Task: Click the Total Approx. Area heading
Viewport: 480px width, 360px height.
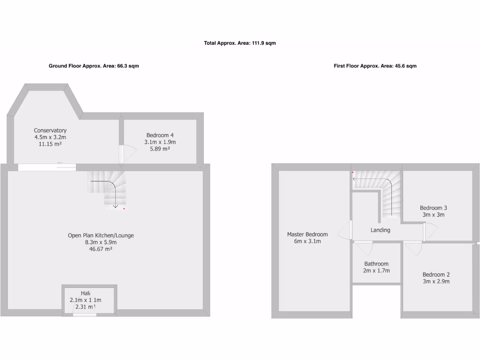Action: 240,43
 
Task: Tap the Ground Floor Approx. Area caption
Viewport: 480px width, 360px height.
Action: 94,66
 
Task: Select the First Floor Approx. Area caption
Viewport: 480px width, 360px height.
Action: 375,66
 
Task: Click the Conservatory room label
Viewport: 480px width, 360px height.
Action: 50,130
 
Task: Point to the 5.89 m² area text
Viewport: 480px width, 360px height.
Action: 159,149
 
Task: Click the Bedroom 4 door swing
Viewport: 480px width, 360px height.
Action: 128,154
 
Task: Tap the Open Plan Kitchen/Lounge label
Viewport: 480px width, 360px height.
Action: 101,235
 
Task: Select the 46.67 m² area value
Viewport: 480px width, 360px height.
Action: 101,249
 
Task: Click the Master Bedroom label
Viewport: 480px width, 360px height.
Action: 307,234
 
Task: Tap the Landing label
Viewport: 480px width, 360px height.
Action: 380,230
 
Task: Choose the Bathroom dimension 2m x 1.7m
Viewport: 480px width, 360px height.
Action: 376,270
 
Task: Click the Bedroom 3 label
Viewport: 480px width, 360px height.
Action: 433,208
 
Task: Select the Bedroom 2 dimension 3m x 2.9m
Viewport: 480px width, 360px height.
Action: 436,281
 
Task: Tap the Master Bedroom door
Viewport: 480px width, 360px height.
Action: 349,230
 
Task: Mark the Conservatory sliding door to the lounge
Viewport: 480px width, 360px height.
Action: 47,167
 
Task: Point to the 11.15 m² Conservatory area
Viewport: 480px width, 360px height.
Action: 50,144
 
